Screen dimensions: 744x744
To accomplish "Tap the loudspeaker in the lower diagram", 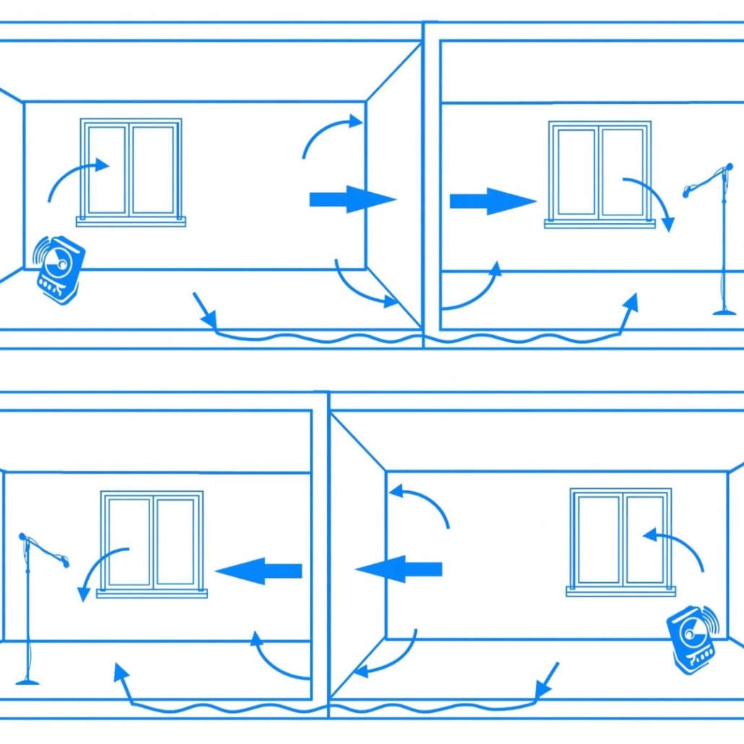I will pos(692,639).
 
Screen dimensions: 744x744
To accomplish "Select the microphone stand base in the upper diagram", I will pos(724,312).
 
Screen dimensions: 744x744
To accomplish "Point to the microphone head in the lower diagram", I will pos(24,537).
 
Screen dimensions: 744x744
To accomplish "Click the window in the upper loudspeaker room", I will pos(131,169).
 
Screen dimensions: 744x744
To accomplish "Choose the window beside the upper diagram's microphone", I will pos(600,172).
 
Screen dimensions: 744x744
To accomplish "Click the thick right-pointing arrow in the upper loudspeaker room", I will pos(352,199).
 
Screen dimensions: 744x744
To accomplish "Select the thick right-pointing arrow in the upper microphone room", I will pos(492,201).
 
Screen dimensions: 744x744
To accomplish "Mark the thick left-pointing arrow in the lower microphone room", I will pos(259,571).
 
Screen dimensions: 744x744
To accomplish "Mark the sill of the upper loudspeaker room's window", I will pos(131,222).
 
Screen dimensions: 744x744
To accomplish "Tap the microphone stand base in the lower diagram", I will pos(27,680).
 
